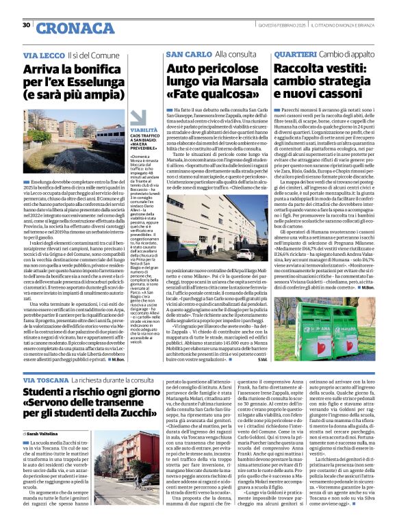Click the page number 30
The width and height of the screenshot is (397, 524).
click(27, 25)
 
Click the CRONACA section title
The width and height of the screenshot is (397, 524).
click(66, 28)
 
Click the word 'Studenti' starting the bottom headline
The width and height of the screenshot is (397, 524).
click(50, 395)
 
